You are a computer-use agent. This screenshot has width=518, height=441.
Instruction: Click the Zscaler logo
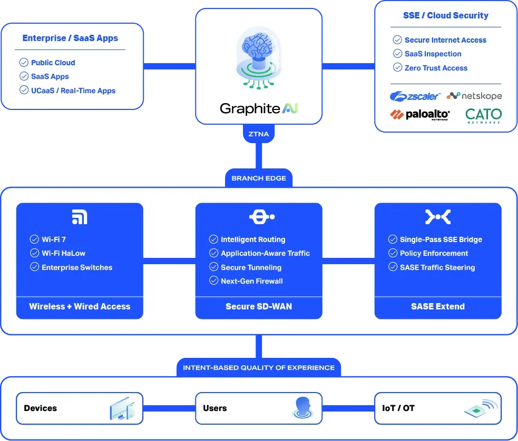tap(415, 96)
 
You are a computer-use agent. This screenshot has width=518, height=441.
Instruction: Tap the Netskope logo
tap(474, 96)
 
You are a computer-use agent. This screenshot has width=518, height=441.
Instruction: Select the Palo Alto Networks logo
tap(419, 115)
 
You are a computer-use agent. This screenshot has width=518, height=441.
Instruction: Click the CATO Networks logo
tap(483, 115)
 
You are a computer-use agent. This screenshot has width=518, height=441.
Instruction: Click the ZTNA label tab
tap(259, 134)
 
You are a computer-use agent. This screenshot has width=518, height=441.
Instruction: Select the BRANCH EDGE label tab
tap(259, 178)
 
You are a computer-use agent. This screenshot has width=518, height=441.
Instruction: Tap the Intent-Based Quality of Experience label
tap(259, 367)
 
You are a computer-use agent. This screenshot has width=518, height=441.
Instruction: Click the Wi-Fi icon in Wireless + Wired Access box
tap(80, 217)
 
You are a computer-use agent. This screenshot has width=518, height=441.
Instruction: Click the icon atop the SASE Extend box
tap(437, 217)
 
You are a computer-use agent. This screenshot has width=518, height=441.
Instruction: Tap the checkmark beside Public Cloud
tap(24, 62)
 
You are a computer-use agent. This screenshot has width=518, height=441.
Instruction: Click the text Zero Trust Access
tap(436, 68)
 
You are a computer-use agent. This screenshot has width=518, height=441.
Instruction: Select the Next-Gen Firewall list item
tap(251, 281)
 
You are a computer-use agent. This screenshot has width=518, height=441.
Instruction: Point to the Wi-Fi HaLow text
tap(63, 253)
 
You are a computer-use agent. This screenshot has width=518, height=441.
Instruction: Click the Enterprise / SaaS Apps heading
tap(70, 38)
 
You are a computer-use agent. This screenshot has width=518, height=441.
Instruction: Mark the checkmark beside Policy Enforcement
tap(393, 253)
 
